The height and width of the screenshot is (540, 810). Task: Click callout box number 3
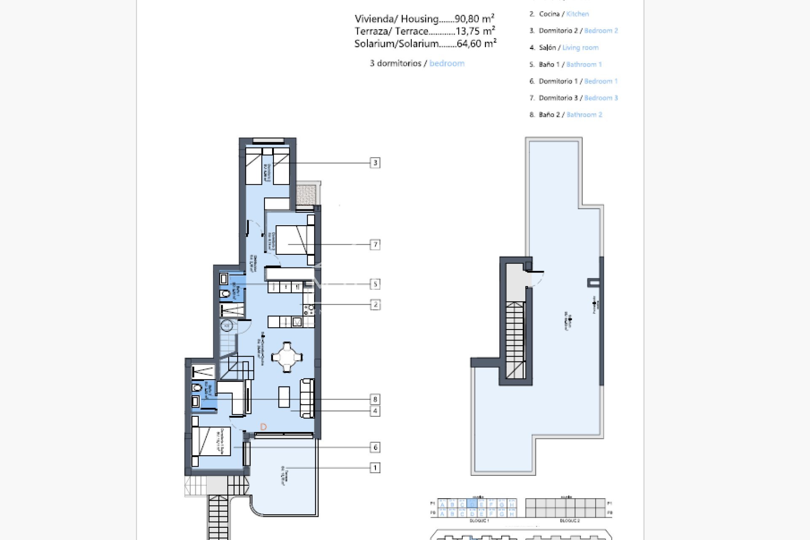(x=375, y=163)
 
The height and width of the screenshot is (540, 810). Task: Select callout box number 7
(x=375, y=244)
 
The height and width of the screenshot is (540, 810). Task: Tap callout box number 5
(x=375, y=284)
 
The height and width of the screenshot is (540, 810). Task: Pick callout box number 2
(x=375, y=305)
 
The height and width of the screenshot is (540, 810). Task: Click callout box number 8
(x=375, y=399)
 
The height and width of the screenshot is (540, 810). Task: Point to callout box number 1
(x=375, y=467)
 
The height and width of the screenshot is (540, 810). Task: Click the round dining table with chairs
(x=287, y=357)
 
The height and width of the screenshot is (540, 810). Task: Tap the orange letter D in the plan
(x=263, y=427)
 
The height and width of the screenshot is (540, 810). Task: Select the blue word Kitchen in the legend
(x=577, y=14)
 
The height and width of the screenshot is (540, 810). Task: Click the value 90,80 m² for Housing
(x=474, y=19)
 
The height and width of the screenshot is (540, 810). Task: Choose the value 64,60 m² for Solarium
(x=476, y=43)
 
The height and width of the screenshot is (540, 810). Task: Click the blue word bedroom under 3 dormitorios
(x=447, y=63)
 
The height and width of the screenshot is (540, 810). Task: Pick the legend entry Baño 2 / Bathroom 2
(x=566, y=115)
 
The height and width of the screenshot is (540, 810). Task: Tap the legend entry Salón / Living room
(x=564, y=48)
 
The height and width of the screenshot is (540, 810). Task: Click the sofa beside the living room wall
(x=307, y=398)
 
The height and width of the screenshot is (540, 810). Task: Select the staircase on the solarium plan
(x=515, y=337)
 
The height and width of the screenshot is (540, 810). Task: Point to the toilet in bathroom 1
(x=225, y=294)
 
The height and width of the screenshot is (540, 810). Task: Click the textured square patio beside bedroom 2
(x=306, y=194)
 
